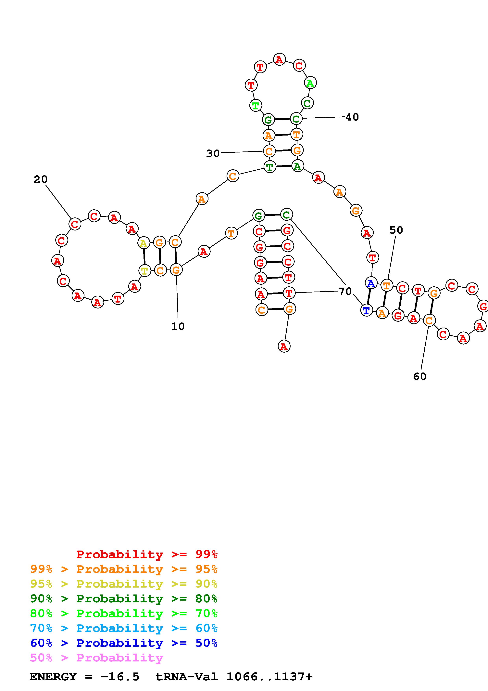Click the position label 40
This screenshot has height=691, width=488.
tap(352, 117)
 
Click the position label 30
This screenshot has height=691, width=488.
tap(213, 153)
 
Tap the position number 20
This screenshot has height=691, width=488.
tap(41, 179)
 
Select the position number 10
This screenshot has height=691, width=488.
tap(178, 326)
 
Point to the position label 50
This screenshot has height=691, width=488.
tap(396, 230)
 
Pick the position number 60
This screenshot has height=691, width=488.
tap(420, 376)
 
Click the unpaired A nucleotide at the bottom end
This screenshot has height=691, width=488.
tap(284, 347)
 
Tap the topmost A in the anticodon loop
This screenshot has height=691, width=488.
tap(279, 60)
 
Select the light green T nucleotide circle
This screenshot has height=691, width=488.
tap(256, 105)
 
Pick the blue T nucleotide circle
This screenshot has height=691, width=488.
tap(366, 310)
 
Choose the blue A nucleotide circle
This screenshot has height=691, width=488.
tap(371, 283)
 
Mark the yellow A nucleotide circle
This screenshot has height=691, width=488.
tap(144, 243)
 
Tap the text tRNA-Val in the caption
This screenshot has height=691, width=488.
tap(186, 677)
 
